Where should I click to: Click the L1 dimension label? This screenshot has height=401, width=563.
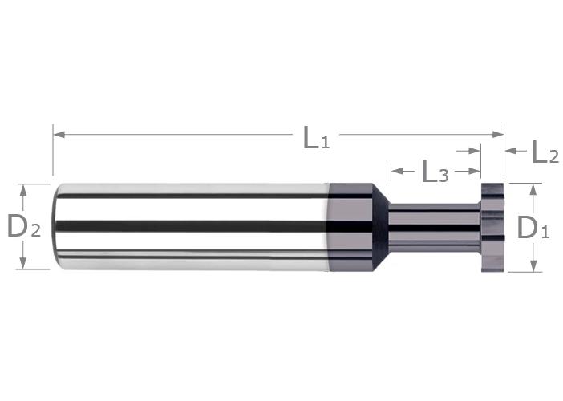[316, 138]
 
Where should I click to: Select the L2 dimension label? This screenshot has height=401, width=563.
[545, 152]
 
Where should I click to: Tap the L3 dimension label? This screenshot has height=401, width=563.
[435, 172]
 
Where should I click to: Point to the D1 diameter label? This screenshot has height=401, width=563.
[533, 228]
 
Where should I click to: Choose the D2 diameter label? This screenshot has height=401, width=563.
[24, 226]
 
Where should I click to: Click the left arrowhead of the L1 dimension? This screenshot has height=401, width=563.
[59, 135]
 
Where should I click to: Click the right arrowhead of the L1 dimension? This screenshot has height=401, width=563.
[498, 135]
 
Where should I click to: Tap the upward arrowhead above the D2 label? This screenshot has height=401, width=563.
[23, 190]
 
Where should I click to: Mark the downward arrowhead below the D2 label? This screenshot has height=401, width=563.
[23, 263]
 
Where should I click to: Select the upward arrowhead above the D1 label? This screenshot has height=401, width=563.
[533, 188]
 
